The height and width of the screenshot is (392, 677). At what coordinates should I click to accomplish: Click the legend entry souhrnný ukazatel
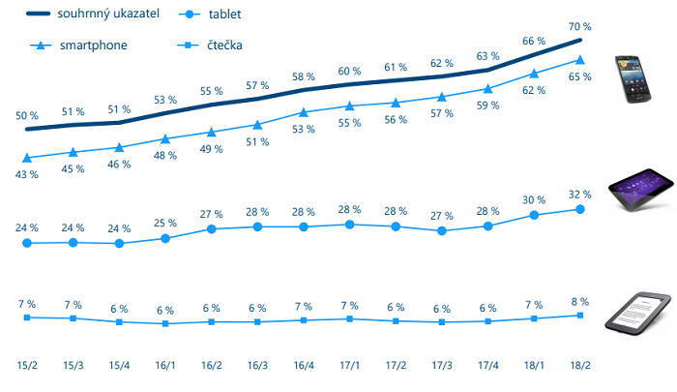click(93, 15)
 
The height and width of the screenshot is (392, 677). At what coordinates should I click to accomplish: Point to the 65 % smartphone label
click(580, 76)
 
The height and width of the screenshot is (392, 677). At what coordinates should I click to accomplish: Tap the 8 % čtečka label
click(580, 301)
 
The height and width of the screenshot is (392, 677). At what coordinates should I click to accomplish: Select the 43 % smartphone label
click(27, 174)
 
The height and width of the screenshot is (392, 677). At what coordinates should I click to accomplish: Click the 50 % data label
click(27, 116)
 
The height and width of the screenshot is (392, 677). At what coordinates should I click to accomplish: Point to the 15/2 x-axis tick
click(27, 366)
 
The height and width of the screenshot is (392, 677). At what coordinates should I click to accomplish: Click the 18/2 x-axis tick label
click(580, 366)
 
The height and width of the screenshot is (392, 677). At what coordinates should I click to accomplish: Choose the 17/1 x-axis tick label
click(349, 366)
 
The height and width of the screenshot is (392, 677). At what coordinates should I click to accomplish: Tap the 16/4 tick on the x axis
click(304, 366)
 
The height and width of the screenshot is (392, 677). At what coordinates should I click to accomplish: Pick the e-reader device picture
click(638, 312)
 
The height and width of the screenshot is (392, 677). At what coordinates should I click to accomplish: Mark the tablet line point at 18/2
click(580, 209)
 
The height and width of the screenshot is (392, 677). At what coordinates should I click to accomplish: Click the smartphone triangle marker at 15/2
click(27, 158)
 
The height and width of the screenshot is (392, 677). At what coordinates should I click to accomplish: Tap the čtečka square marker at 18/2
click(580, 316)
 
